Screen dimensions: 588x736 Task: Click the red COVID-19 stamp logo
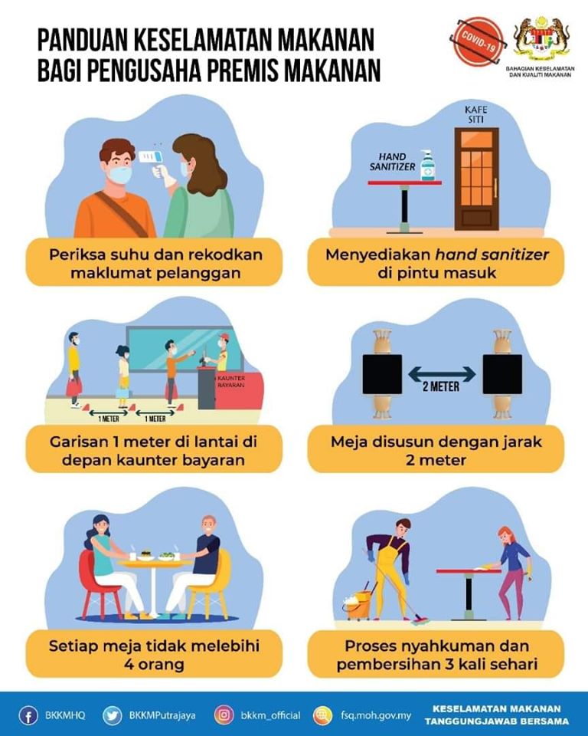[x=476, y=41]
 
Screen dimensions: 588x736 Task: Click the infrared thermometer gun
[x=155, y=163]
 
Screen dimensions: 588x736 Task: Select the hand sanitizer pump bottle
[x=427, y=166]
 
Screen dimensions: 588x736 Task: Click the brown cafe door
[x=476, y=179]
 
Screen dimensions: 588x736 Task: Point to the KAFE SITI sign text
[x=476, y=114]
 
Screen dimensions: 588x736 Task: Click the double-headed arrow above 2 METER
[x=442, y=374]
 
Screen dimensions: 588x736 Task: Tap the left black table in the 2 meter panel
[x=382, y=374]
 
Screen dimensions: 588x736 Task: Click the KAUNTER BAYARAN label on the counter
[x=230, y=381]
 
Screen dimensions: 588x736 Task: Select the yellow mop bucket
[x=359, y=605]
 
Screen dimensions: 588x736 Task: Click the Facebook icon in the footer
[x=28, y=715]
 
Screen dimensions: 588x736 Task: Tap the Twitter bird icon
[x=112, y=715]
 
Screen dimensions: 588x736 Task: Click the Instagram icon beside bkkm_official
[x=224, y=715]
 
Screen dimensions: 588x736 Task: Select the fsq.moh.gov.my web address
[x=376, y=715]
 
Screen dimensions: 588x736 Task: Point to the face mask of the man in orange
[x=120, y=176]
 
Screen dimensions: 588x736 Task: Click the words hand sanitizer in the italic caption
[x=492, y=255]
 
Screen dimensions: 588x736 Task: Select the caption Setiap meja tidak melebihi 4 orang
[x=154, y=655]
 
